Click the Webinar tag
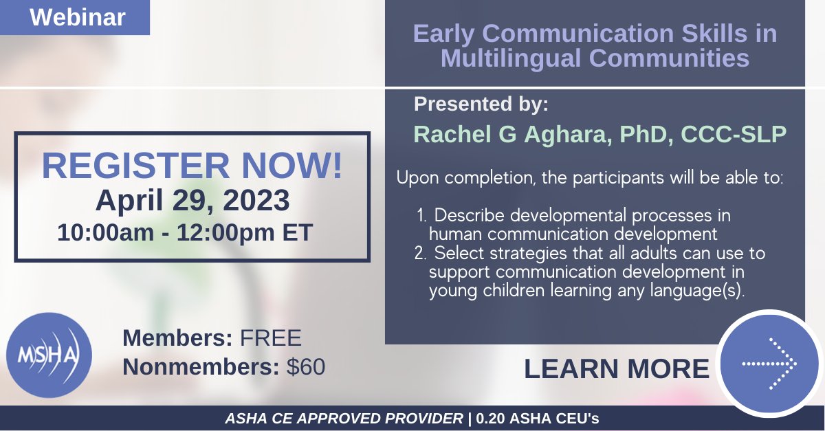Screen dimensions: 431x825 pyautogui.click(x=77, y=17)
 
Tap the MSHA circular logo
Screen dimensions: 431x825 pyautogui.click(x=48, y=355)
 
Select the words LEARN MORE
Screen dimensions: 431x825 pyautogui.click(x=616, y=369)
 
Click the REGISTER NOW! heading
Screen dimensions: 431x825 pyautogui.click(x=192, y=167)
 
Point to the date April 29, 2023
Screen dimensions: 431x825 pyautogui.click(x=192, y=201)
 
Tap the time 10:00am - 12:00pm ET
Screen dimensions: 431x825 pyautogui.click(x=185, y=232)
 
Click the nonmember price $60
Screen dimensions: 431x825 pyautogui.click(x=306, y=367)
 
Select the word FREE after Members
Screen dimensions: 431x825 pyautogui.click(x=270, y=338)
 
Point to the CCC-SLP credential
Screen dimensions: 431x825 pyautogui.click(x=733, y=134)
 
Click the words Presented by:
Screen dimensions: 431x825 pyautogui.click(x=481, y=104)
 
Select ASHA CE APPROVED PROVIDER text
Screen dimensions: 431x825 pyautogui.click(x=344, y=419)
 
